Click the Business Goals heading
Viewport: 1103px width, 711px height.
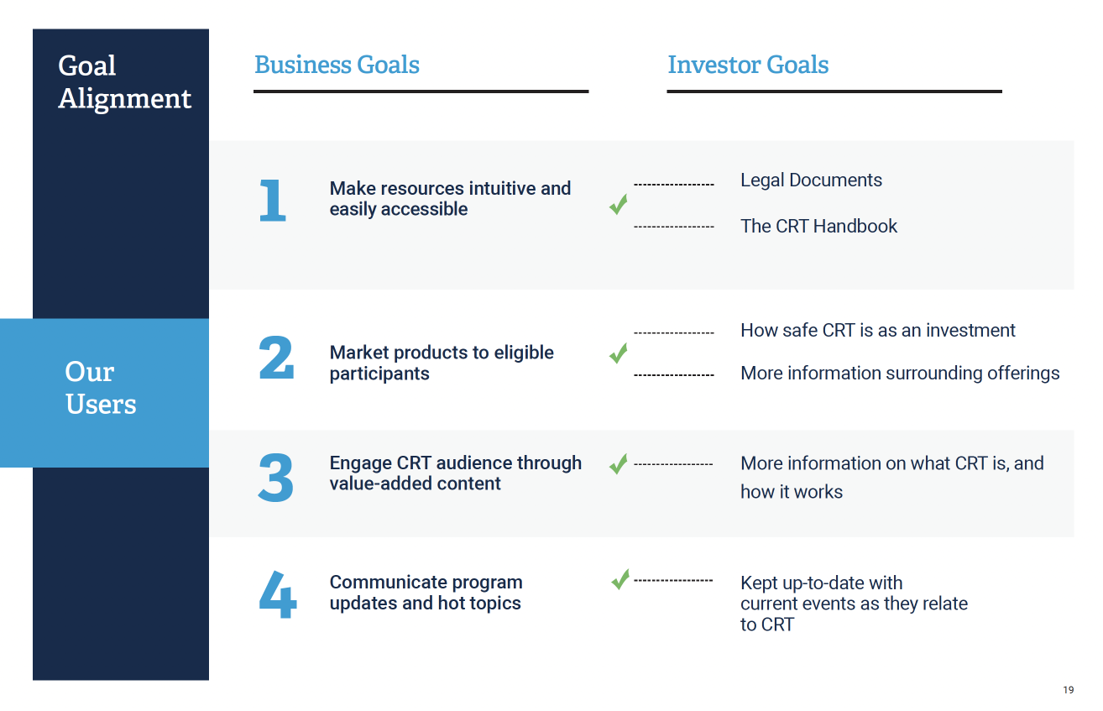tap(337, 65)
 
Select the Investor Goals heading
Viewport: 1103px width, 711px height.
tap(748, 65)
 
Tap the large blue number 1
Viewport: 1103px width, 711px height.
tap(272, 200)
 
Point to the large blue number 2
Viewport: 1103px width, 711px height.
tap(276, 358)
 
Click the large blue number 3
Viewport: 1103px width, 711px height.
tap(275, 477)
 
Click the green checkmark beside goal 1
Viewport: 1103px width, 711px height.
tap(619, 204)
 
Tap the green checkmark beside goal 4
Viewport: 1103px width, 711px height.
tap(620, 579)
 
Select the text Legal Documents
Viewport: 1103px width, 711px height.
tap(811, 180)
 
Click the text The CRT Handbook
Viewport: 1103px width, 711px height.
tap(819, 226)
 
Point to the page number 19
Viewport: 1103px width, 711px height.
tap(1068, 690)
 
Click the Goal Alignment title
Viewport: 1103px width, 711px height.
tap(124, 82)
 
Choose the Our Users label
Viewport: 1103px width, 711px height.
tap(101, 388)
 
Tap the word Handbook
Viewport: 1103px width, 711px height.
tap(855, 226)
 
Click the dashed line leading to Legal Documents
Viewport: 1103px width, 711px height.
tap(674, 185)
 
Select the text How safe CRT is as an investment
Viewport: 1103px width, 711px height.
tap(878, 330)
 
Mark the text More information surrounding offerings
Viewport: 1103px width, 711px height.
tap(900, 374)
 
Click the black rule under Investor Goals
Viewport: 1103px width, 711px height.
tap(834, 91)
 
